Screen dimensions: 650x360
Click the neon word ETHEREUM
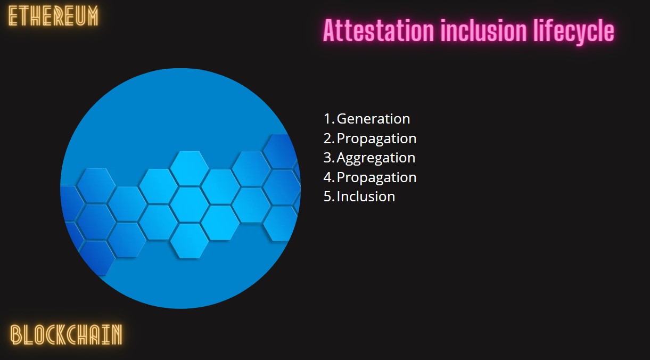click(53, 17)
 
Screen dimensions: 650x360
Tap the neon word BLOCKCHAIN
click(66, 335)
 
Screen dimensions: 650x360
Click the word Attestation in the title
click(379, 30)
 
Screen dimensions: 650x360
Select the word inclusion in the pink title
click(484, 30)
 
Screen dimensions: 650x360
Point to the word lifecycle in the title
click(574, 31)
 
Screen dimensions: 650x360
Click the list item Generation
click(374, 119)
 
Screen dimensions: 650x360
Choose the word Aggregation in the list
click(376, 159)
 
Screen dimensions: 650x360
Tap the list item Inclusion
click(366, 197)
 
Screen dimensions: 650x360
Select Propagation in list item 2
click(377, 139)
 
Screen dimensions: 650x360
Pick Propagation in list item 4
click(377, 178)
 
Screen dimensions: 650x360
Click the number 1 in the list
click(327, 119)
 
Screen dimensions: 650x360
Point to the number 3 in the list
click(327, 158)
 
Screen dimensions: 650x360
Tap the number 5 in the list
click(327, 197)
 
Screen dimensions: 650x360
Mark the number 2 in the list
click(327, 138)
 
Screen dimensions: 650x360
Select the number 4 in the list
click(328, 177)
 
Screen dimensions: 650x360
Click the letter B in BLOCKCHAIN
click(17, 335)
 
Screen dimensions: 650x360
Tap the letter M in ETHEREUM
click(93, 17)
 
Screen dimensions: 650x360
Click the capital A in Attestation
click(330, 30)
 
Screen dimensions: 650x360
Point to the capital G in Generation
click(342, 119)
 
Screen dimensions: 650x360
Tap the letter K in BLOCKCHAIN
click(61, 335)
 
